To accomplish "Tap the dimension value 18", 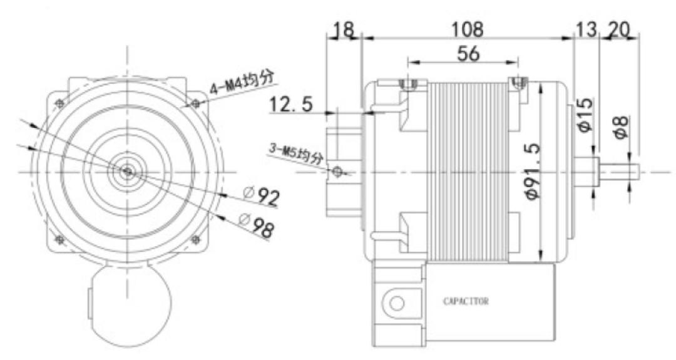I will (344, 29).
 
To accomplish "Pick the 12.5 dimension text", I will (291, 105).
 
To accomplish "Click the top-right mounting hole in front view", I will (195, 103).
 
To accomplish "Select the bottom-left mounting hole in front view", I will (59, 239).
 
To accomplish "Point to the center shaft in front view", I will (127, 170).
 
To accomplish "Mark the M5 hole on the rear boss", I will (337, 171).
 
